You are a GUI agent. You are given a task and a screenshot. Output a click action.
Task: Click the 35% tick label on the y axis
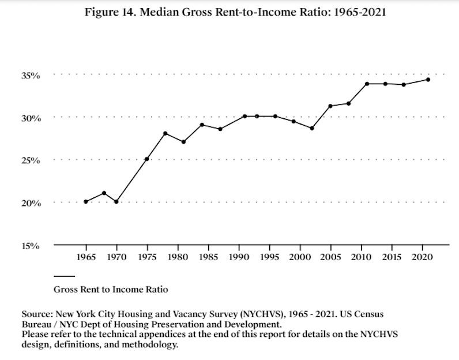coord(31,76)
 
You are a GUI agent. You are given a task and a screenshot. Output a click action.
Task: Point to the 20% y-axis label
coord(31,203)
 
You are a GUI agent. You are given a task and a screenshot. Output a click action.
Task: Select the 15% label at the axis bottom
coord(31,246)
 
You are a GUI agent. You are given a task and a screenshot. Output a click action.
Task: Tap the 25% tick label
coord(31,160)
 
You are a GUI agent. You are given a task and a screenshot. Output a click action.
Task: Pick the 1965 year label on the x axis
coord(85,256)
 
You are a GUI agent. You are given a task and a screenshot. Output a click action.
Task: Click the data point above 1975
coord(147,159)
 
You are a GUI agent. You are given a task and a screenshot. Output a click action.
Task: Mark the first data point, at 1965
coord(85,201)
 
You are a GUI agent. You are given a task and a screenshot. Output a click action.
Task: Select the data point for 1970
coord(116,201)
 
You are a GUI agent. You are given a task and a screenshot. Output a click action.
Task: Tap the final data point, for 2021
coord(428,80)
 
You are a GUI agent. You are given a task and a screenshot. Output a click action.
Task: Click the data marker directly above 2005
coord(330,106)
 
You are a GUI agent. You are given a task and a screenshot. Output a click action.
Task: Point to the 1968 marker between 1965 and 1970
coord(104,193)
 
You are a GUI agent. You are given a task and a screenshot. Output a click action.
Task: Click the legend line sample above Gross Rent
coord(64,276)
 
